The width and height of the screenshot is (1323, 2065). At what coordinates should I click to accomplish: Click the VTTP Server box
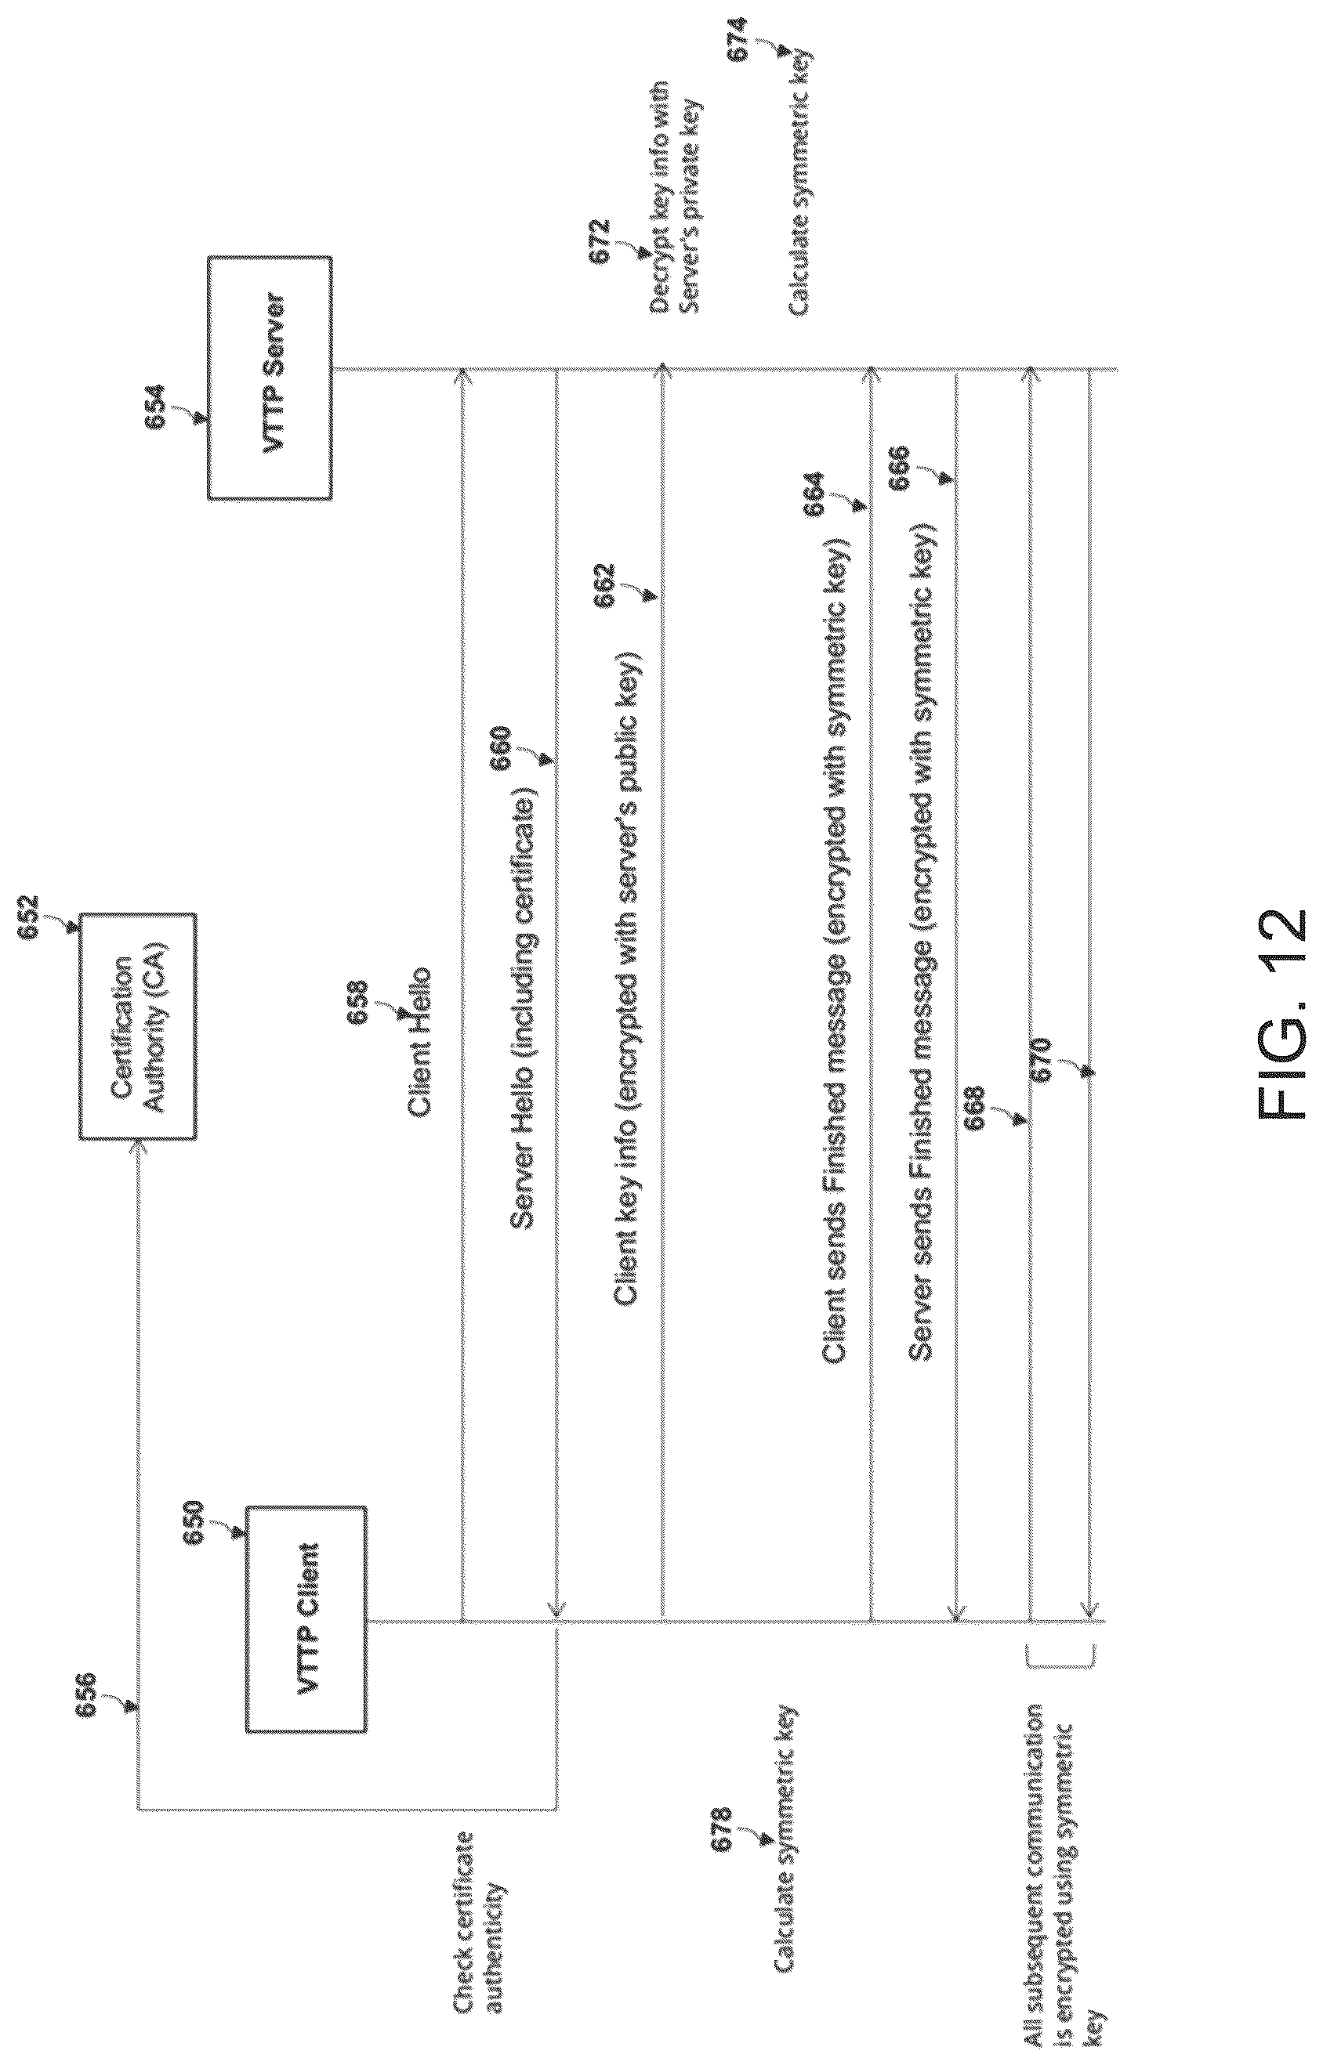pyautogui.click(x=269, y=377)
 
